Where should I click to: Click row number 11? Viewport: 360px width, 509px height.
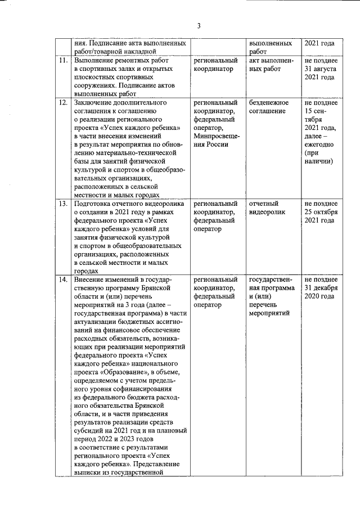pos(64,60)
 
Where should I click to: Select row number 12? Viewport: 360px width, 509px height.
pos(64,103)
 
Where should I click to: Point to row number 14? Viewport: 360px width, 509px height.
pos(64,280)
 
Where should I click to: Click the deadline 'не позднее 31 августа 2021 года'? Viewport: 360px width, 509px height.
pos(320,69)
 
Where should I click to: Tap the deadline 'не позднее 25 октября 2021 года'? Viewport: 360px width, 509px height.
pos(320,212)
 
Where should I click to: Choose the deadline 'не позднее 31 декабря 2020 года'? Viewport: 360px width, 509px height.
pos(320,288)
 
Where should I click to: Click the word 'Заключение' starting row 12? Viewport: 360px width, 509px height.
pos(96,103)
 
